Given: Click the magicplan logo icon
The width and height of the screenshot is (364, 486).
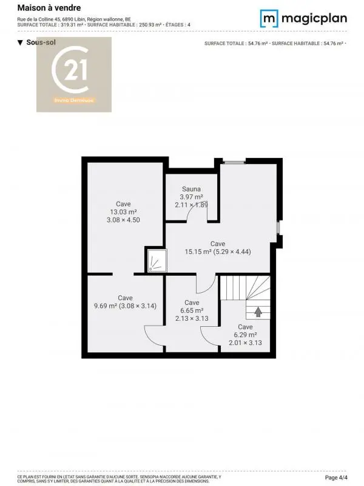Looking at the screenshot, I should pyautogui.click(x=269, y=18).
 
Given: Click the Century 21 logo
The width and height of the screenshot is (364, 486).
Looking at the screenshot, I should pyautogui.click(x=74, y=74).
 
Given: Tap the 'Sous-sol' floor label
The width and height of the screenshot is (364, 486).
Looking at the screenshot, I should pyautogui.click(x=38, y=43).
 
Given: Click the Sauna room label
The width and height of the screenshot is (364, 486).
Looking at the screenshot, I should pyautogui.click(x=191, y=189).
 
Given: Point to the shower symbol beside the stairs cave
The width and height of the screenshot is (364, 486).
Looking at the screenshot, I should pyautogui.click(x=155, y=260).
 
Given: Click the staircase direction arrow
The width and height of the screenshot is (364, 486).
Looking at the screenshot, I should pyautogui.click(x=258, y=312).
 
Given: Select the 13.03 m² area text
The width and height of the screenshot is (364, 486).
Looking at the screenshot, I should pyautogui.click(x=123, y=212).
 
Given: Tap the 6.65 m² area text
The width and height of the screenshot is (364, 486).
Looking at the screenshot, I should pyautogui.click(x=192, y=310).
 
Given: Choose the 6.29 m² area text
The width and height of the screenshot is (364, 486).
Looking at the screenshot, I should pyautogui.click(x=245, y=335).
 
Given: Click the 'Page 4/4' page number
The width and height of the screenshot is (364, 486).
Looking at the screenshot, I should pyautogui.click(x=345, y=477).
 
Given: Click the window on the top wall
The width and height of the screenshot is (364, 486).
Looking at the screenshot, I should pyautogui.click(x=234, y=161).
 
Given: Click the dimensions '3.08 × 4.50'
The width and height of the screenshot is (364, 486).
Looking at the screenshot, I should pyautogui.click(x=123, y=220).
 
